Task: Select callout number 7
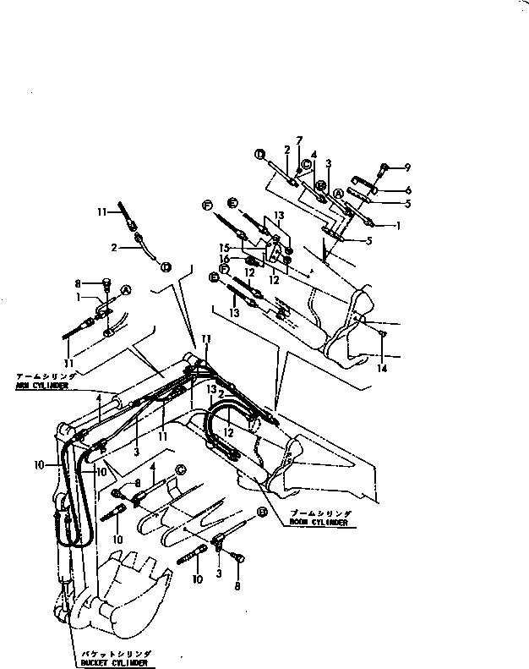(x=298, y=140)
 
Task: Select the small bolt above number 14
(x=384, y=333)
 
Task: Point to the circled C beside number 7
(x=307, y=165)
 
